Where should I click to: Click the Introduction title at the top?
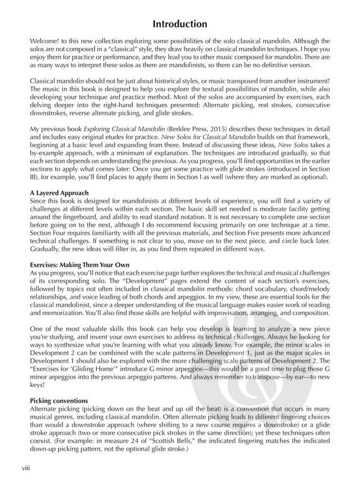pos(180,25)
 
